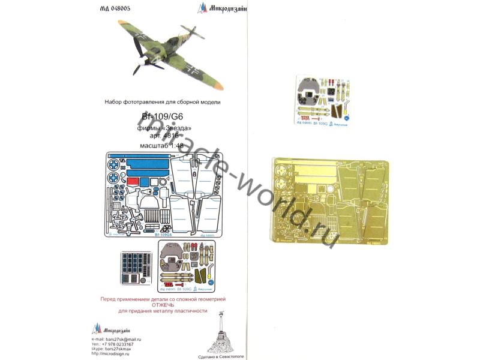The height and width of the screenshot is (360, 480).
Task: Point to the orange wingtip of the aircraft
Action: coord(219,85)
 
